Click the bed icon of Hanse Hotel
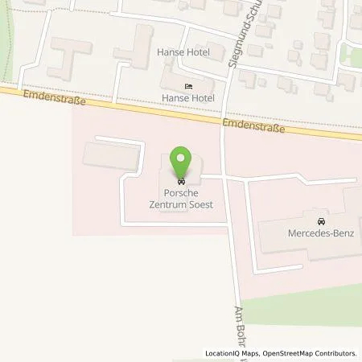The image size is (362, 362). tap(188, 86)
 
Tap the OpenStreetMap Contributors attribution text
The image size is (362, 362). tap(313, 353)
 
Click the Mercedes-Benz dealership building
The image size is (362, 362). tap(306, 241)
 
